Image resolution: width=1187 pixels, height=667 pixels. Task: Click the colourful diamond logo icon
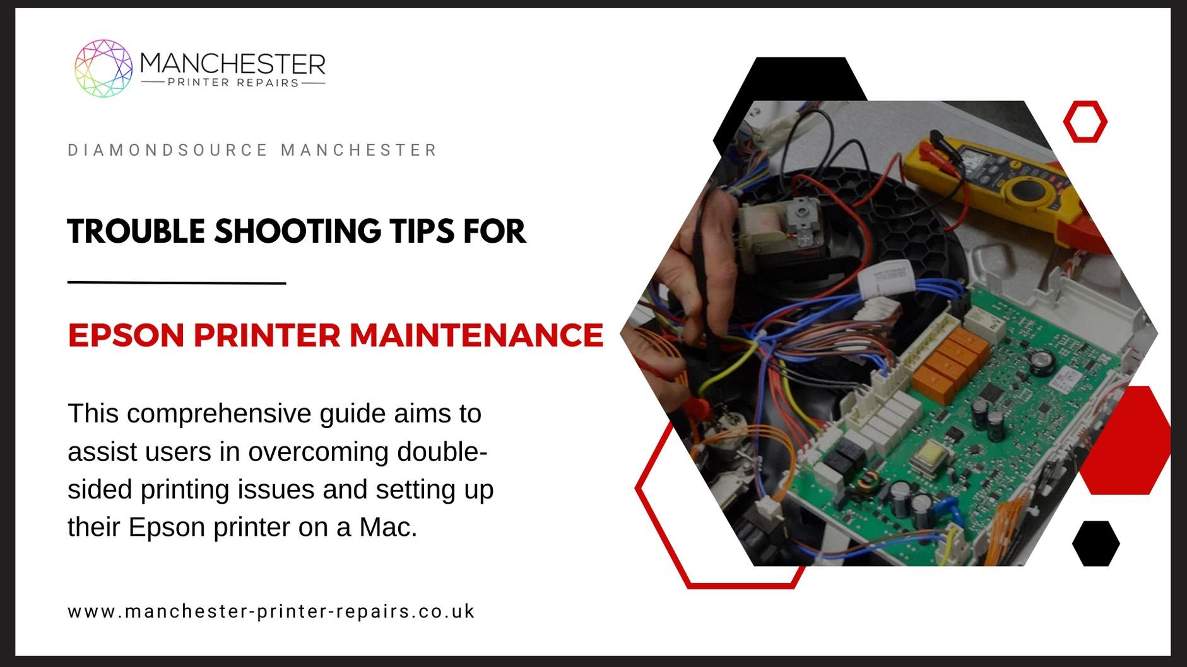tap(103, 68)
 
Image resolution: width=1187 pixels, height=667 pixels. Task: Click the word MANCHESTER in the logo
tap(232, 64)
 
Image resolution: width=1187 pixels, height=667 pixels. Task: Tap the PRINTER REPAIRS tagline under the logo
tap(233, 83)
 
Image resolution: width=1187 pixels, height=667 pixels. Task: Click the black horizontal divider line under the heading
tap(177, 283)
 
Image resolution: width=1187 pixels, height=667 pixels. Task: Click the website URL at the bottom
tap(271, 612)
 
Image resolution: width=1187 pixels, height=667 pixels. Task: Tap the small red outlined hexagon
tap(1085, 121)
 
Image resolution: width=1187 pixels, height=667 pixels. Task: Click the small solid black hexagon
tap(1095, 543)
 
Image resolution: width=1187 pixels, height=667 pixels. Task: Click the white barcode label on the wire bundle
tap(883, 277)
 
